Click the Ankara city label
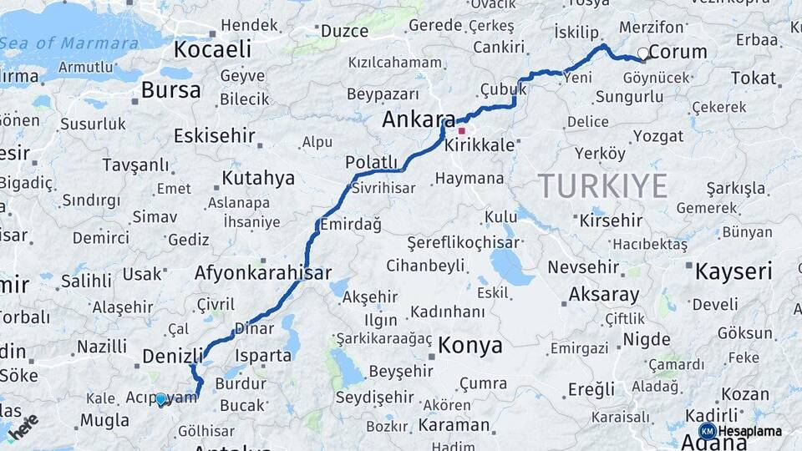(419, 119)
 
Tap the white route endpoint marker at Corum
(642, 53)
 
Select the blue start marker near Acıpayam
(161, 400)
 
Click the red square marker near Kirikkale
(461, 131)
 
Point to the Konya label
(470, 345)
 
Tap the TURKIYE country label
(602, 185)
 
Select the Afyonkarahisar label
(262, 273)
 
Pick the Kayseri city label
(733, 271)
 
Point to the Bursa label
(170, 90)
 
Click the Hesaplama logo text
(749, 432)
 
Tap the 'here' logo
(23, 425)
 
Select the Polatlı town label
(371, 162)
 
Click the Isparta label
(266, 354)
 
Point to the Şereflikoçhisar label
(463, 242)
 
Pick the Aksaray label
(603, 294)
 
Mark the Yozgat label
(658, 135)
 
